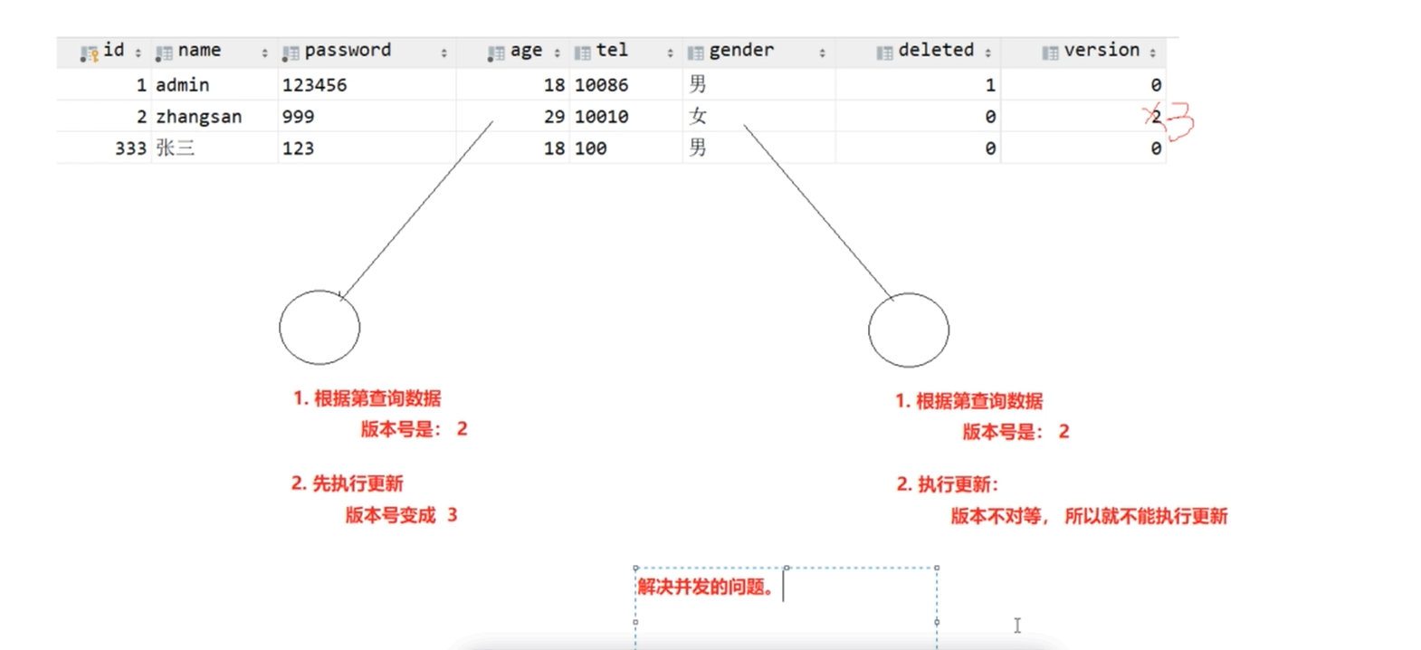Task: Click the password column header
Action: pyautogui.click(x=348, y=51)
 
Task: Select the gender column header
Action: pyautogui.click(x=741, y=51)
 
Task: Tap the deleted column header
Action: pyautogui.click(x=935, y=51)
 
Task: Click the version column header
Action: pyautogui.click(x=1101, y=51)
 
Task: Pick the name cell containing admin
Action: pyautogui.click(x=183, y=85)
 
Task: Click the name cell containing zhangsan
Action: pyautogui.click(x=198, y=117)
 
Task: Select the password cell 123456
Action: pyautogui.click(x=314, y=85)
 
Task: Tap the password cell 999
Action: pyautogui.click(x=298, y=117)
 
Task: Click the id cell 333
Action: pyautogui.click(x=130, y=148)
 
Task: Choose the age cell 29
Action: pyautogui.click(x=554, y=117)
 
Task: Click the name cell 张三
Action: pyautogui.click(x=175, y=148)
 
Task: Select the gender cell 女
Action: pyautogui.click(x=697, y=116)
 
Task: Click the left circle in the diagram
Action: pyautogui.click(x=319, y=328)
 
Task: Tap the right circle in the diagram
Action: pyautogui.click(x=909, y=330)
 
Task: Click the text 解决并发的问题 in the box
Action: pyautogui.click(x=705, y=588)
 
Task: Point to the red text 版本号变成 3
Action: pyautogui.click(x=401, y=515)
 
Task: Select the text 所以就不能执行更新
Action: pyautogui.click(x=1146, y=517)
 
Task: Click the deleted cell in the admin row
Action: pyautogui.click(x=989, y=85)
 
